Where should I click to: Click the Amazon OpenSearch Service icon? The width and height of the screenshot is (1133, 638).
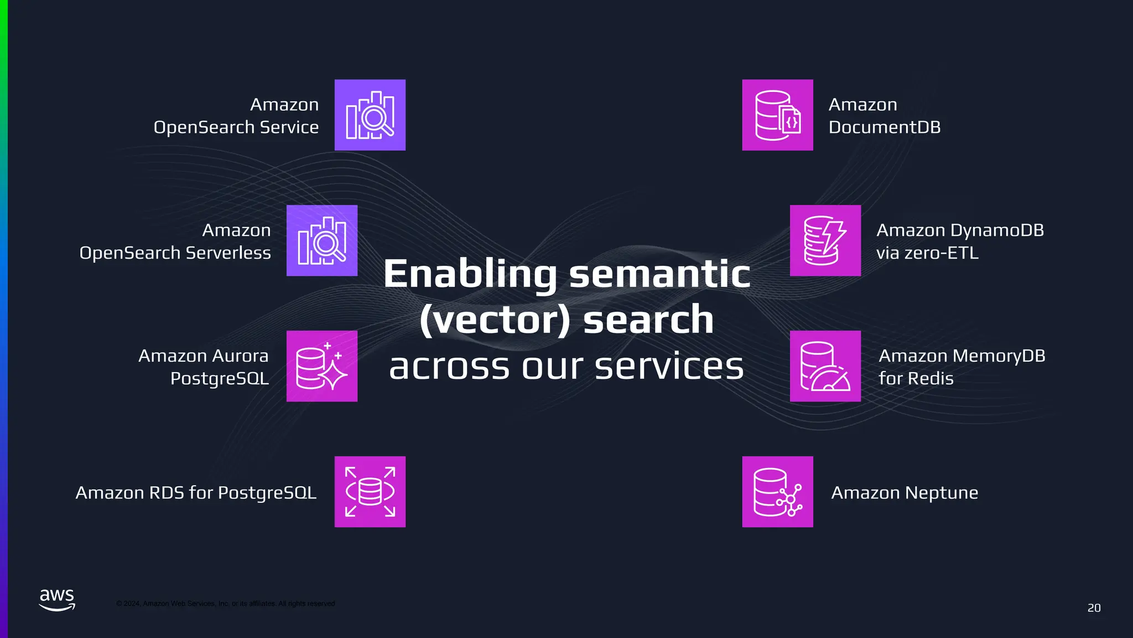pos(370,115)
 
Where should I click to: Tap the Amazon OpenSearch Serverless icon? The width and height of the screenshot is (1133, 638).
pos(321,240)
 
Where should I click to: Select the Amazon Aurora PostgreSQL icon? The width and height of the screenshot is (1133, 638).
pos(321,366)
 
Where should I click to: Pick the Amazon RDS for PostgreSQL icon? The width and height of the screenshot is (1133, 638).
pos(370,492)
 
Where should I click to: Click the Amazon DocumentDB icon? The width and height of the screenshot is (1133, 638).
pos(777,115)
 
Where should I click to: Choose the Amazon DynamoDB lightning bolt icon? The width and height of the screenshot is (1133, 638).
pos(825,240)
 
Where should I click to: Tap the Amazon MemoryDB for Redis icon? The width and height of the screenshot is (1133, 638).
pos(825,366)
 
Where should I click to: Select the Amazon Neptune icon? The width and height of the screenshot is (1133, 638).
pos(777,492)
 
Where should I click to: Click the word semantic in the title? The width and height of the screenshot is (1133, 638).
pos(659,274)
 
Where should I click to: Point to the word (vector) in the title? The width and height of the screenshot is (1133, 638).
pos(495,320)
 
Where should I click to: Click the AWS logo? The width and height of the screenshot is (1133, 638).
pos(57,600)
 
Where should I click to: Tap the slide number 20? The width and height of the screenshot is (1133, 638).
pos(1094,608)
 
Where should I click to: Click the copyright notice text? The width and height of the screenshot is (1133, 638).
pos(225,604)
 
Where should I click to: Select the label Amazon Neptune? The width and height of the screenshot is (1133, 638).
pos(905,492)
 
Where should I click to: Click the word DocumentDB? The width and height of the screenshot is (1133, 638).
pos(884,127)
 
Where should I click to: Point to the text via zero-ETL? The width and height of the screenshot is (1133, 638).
pos(927,253)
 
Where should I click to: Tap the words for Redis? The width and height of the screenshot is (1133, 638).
pos(916,379)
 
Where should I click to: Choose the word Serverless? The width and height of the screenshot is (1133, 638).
pos(228,253)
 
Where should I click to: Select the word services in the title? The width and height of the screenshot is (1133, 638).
pos(669,367)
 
